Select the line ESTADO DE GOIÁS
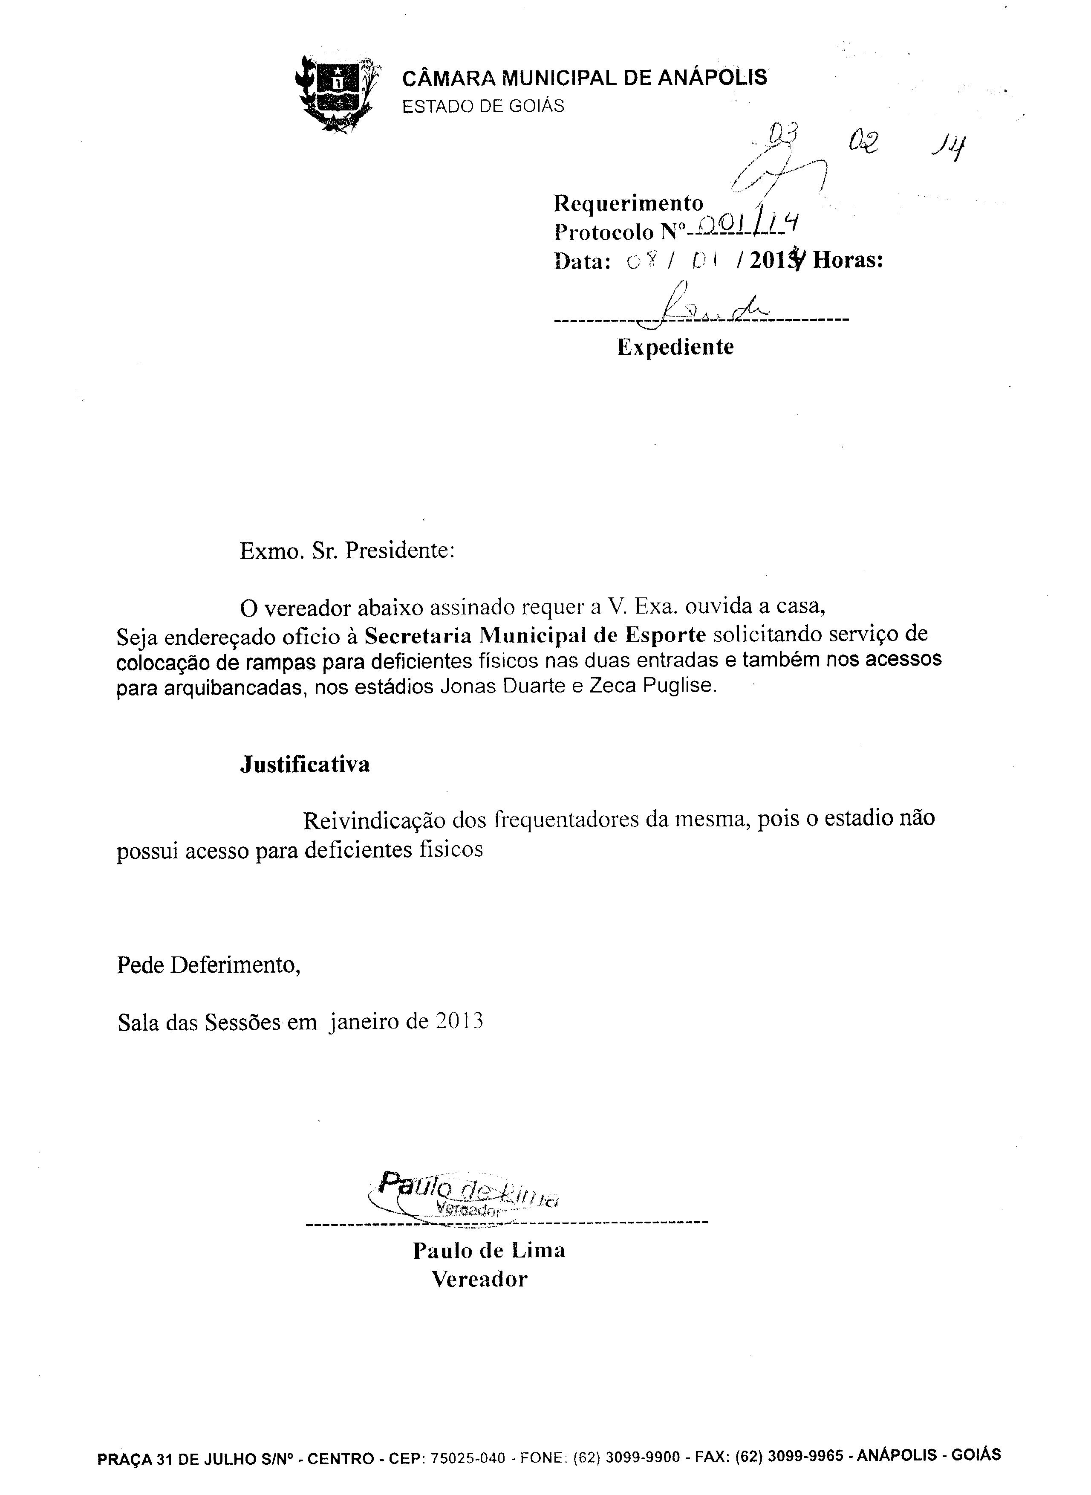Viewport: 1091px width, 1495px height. (x=483, y=106)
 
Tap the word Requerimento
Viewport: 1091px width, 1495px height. (x=628, y=203)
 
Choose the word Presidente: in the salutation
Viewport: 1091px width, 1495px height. (x=400, y=550)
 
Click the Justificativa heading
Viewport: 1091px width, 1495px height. (x=304, y=765)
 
